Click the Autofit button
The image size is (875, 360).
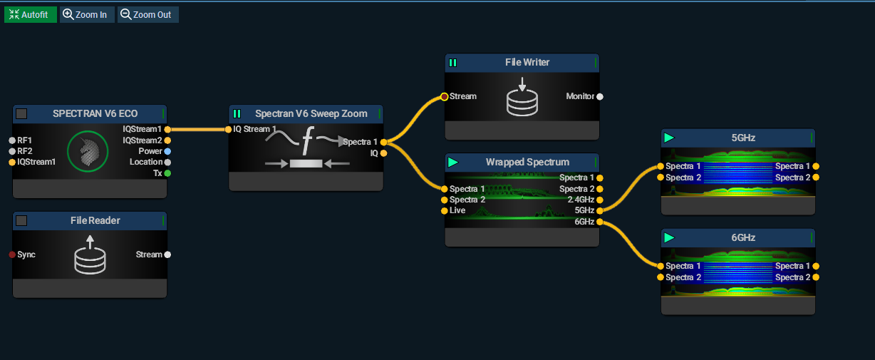(31, 14)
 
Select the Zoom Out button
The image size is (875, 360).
(147, 14)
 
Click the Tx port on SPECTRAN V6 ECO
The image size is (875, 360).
(167, 173)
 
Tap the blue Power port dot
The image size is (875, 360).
(167, 151)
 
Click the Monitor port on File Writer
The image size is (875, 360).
(600, 96)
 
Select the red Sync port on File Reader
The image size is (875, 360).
(12, 254)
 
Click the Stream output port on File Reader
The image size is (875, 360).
(167, 254)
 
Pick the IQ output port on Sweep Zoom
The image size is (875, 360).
(384, 153)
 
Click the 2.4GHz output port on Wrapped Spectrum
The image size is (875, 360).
(600, 200)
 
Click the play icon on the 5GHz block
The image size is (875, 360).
(668, 138)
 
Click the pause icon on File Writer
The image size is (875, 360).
(452, 63)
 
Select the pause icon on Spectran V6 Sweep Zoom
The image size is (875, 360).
(237, 113)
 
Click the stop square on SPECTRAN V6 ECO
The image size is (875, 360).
(21, 113)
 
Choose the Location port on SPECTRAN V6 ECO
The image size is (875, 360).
(167, 163)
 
